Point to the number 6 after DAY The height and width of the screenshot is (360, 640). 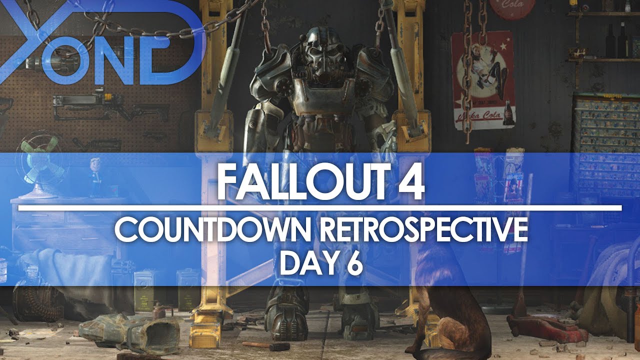[353, 263]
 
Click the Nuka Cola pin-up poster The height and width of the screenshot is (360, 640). [482, 80]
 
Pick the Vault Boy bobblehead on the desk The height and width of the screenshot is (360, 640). [95, 175]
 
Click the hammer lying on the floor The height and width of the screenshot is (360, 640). [265, 345]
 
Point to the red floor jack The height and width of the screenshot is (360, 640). [545, 327]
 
